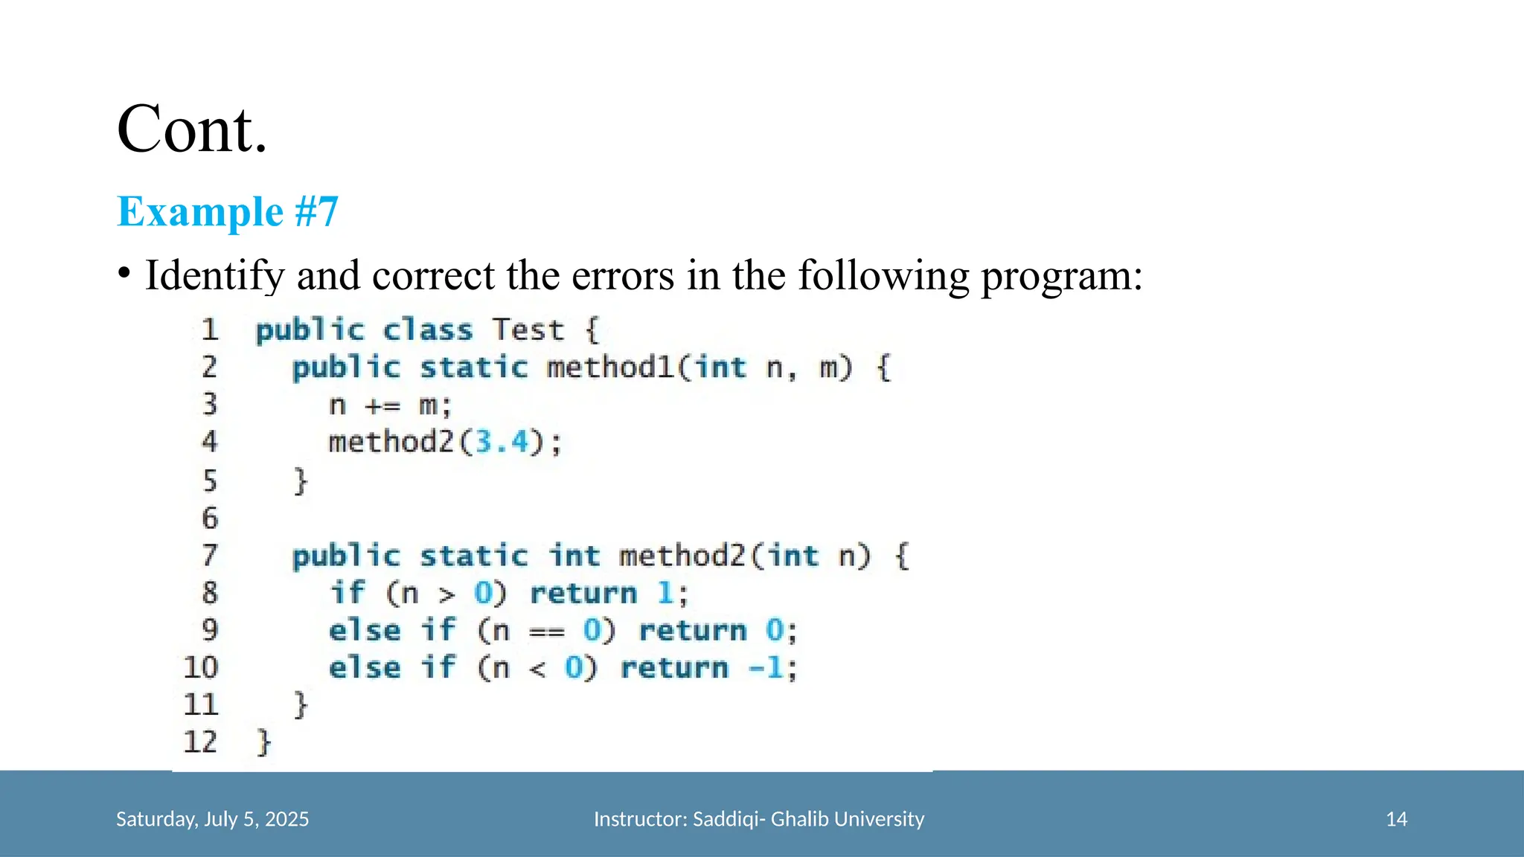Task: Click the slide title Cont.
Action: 192,129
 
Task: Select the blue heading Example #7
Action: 228,211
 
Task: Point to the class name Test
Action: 528,330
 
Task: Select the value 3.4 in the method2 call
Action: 502,443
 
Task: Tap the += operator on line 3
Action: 382,406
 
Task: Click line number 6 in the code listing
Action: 210,519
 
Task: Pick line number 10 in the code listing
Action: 201,667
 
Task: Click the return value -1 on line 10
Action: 766,667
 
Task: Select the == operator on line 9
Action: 546,632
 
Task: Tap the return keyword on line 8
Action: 583,594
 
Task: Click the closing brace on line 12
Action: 263,742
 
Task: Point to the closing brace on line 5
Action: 300,481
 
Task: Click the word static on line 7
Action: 473,556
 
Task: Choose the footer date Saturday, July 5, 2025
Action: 212,819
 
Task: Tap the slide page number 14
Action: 1396,819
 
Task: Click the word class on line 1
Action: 427,330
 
